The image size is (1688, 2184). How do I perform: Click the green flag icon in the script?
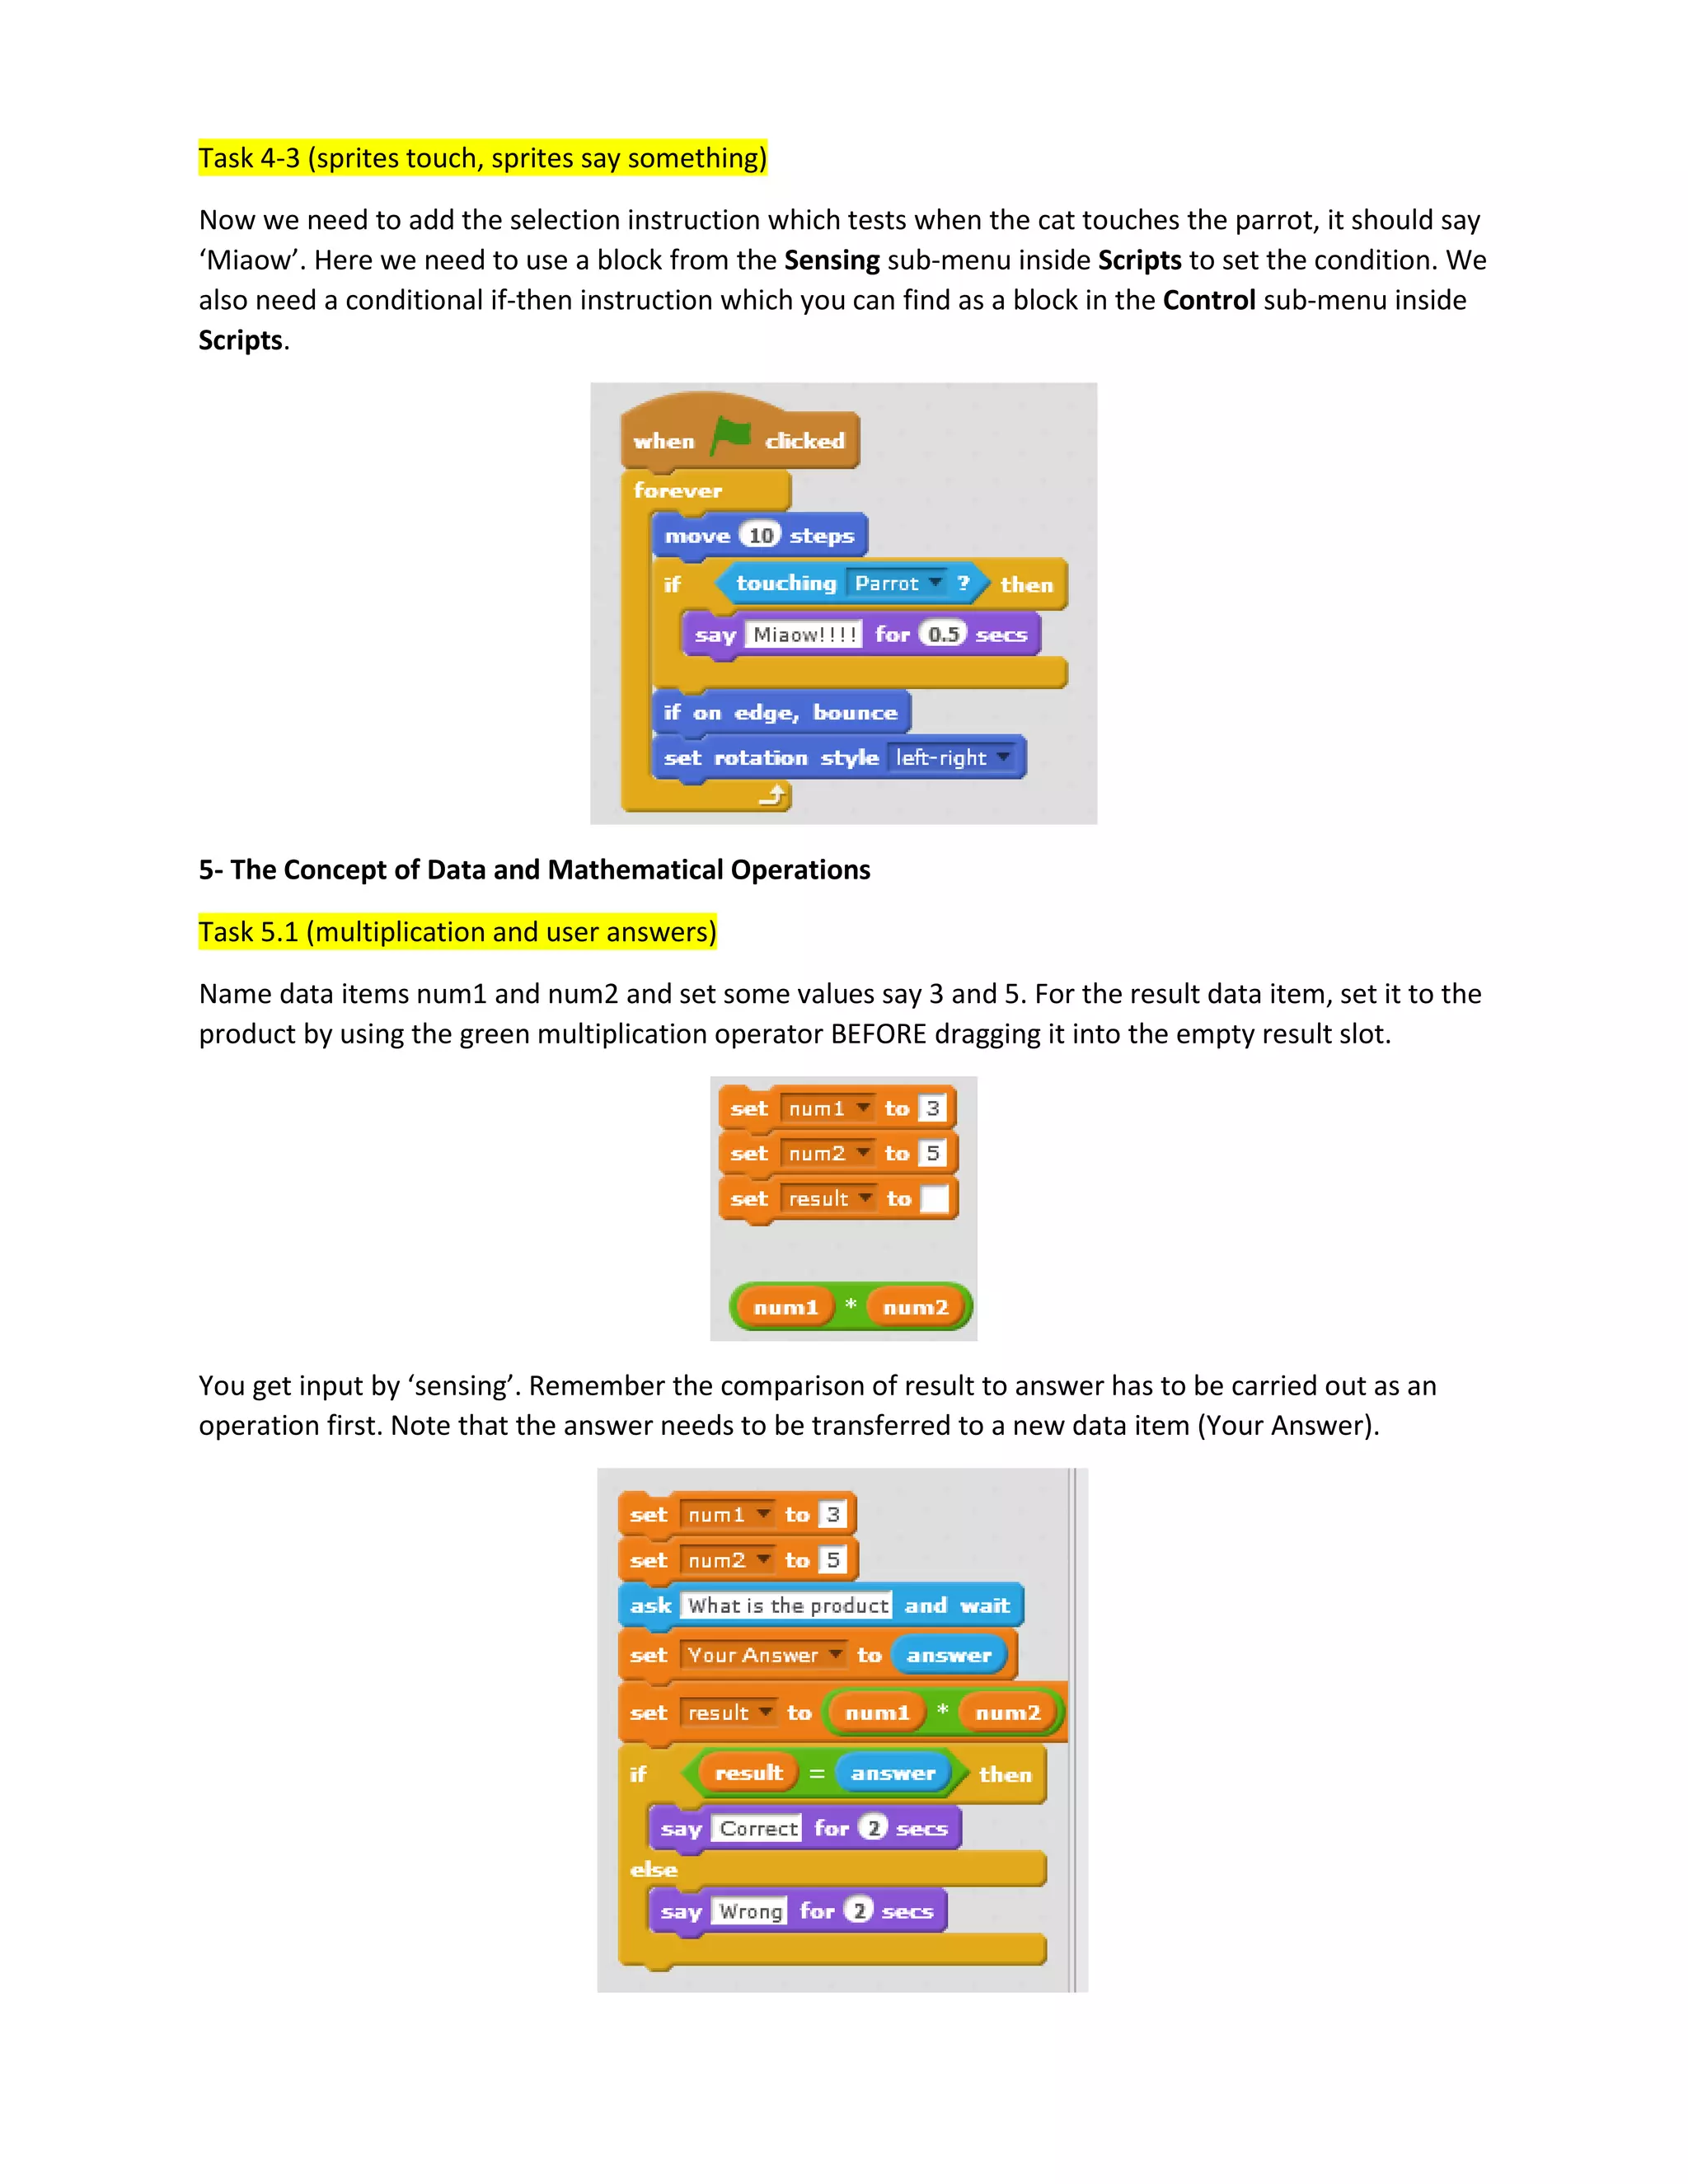731,436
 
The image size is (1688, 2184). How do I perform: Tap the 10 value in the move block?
761,536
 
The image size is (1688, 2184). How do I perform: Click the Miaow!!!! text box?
804,635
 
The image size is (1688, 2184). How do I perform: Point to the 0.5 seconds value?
943,634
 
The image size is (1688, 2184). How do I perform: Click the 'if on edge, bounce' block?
780,712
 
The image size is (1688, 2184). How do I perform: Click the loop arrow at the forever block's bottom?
772,796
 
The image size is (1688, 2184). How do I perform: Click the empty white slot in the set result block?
934,1198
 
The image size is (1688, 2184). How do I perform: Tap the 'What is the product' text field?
788,1605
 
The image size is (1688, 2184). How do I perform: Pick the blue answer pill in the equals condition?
892,1773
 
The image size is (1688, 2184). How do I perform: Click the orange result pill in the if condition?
748,1773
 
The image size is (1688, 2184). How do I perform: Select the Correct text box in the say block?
759,1829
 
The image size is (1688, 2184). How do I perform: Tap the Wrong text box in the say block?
751,1911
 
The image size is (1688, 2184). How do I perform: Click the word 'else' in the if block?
654,1869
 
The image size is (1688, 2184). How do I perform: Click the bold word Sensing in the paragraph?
831,260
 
